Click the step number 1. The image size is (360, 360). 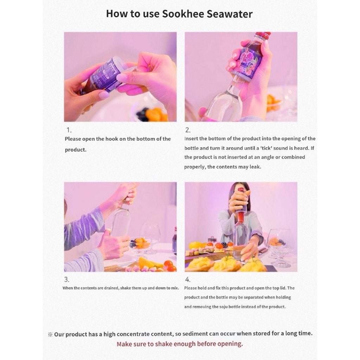click(69, 130)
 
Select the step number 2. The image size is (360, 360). click(188, 130)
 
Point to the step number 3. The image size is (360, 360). click(66, 279)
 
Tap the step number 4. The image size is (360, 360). click(188, 279)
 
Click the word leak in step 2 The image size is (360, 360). click(255, 167)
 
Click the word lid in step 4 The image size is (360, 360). click(283, 288)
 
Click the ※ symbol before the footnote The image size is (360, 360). click(50, 334)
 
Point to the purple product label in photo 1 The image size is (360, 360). click(102, 75)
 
